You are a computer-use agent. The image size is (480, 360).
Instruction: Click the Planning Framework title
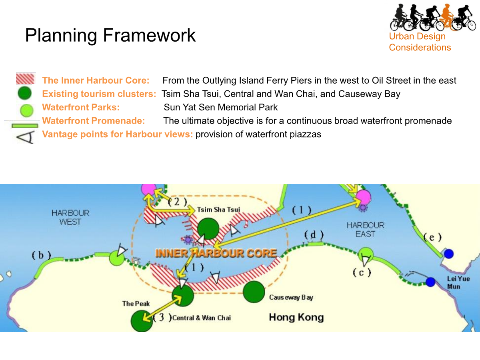pos(110,36)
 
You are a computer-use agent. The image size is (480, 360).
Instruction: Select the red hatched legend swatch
pos(26,78)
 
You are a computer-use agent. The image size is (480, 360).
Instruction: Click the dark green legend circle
pos(25,93)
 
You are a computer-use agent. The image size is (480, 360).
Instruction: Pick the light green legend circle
pos(27,110)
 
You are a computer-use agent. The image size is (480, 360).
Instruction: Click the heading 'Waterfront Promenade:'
pos(93,121)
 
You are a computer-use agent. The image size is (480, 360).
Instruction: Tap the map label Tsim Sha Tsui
pos(218,209)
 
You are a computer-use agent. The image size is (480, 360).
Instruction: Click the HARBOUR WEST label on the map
pos(70,217)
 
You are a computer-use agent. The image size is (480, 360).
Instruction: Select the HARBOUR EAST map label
pos(366,230)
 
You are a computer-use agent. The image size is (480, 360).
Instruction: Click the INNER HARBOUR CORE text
pos(216,253)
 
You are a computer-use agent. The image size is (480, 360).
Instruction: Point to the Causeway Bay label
pos(291,298)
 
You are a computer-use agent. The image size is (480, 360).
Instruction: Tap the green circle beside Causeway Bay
pos(254,292)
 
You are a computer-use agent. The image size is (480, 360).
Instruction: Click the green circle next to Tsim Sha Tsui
pos(208,229)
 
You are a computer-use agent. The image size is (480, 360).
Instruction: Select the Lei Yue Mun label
pos(458,282)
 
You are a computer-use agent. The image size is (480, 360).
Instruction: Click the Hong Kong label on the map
pos(296,317)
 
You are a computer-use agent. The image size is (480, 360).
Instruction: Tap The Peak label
pos(136,303)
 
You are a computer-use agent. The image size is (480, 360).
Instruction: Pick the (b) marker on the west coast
pos(41,255)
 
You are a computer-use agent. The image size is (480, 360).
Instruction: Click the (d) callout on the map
pos(314,235)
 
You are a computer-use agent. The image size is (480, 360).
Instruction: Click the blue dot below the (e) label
pos(449,254)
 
